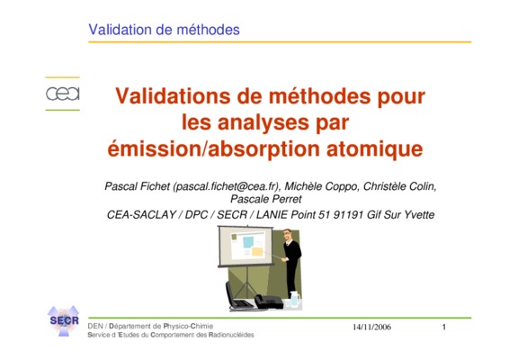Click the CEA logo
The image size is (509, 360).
(x=63, y=94)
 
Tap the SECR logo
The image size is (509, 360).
(x=64, y=320)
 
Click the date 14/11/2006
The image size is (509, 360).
(x=372, y=327)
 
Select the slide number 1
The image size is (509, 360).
(x=444, y=327)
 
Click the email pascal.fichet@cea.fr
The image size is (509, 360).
(x=226, y=186)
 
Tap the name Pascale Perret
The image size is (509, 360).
(x=266, y=199)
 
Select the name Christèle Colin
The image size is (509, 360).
(x=399, y=186)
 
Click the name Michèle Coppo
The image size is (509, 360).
(x=321, y=186)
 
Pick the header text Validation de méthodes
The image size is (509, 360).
(x=164, y=30)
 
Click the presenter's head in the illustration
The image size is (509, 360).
(x=286, y=236)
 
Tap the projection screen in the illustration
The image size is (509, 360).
(x=246, y=246)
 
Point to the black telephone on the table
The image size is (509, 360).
(x=269, y=301)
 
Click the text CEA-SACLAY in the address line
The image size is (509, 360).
(x=141, y=215)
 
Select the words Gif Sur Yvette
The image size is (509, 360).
(x=400, y=215)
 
